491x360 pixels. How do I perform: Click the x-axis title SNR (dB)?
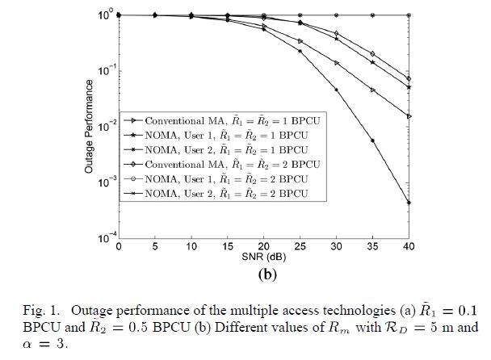263,257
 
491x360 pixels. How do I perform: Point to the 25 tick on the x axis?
300,246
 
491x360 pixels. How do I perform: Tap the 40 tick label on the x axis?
409,246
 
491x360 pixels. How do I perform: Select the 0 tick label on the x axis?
119,246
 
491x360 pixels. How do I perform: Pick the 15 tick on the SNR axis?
228,246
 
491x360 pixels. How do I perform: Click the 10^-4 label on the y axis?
105,238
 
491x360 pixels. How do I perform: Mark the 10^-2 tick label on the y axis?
105,127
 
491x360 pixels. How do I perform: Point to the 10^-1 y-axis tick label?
105,71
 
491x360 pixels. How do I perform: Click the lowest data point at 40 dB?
409,203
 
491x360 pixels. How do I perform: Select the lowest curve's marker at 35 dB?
373,140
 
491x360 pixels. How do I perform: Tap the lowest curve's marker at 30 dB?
337,90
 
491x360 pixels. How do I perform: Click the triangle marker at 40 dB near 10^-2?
409,116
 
